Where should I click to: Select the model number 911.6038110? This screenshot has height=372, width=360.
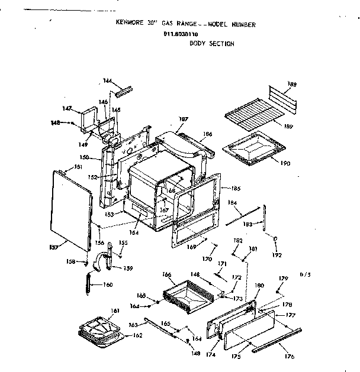click(181, 34)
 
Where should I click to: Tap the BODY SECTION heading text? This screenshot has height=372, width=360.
click(211, 44)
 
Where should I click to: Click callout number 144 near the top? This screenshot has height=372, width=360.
click(107, 80)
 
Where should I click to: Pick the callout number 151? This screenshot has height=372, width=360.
click(78, 167)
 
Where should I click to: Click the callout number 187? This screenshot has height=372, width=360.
click(184, 119)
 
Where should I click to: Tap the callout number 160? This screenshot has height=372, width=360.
click(108, 284)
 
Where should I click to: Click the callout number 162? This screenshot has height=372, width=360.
click(137, 336)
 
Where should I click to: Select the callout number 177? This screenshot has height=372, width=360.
click(290, 315)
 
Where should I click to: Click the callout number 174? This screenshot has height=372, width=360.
click(211, 355)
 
